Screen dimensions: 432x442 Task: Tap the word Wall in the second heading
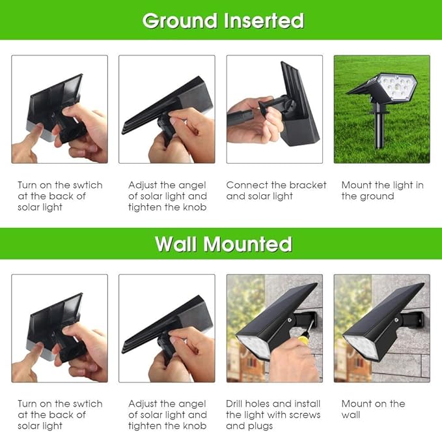(176, 244)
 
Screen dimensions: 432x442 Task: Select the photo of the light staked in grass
(381, 109)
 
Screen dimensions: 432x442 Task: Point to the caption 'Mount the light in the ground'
(382, 190)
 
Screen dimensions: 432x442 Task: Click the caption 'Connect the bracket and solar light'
(276, 190)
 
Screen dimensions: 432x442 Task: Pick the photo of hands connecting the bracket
(274, 109)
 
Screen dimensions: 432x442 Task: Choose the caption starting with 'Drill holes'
(273, 414)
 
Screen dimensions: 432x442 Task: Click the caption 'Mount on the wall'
(373, 409)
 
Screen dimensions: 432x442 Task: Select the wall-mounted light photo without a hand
(381, 328)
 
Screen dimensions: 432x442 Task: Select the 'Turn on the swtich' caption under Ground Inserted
(60, 196)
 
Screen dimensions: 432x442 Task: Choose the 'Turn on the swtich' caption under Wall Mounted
(60, 414)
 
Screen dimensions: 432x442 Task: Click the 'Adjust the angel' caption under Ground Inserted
(167, 196)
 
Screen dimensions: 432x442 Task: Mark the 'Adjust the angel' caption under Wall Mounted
(167, 414)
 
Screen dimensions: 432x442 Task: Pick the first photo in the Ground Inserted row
(59, 109)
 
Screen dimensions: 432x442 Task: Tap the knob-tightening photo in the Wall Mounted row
(167, 328)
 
